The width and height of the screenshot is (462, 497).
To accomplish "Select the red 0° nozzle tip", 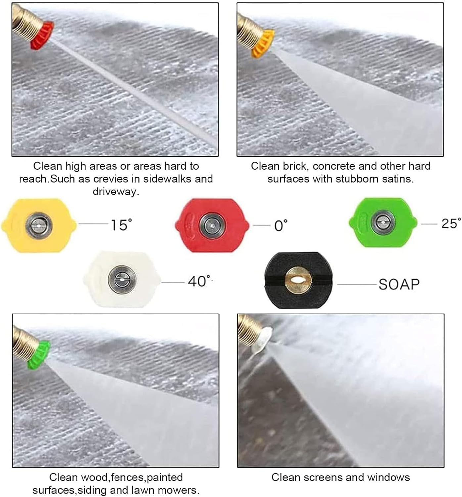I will (212, 225).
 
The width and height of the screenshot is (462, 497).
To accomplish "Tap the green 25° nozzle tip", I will (383, 222).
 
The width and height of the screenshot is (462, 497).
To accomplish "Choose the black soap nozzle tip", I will (298, 280).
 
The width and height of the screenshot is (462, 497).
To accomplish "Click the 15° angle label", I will (121, 225).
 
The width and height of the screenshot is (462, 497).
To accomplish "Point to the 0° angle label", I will (281, 226).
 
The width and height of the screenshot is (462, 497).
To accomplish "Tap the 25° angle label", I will (451, 224).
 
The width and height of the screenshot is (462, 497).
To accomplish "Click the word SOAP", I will (399, 285).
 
